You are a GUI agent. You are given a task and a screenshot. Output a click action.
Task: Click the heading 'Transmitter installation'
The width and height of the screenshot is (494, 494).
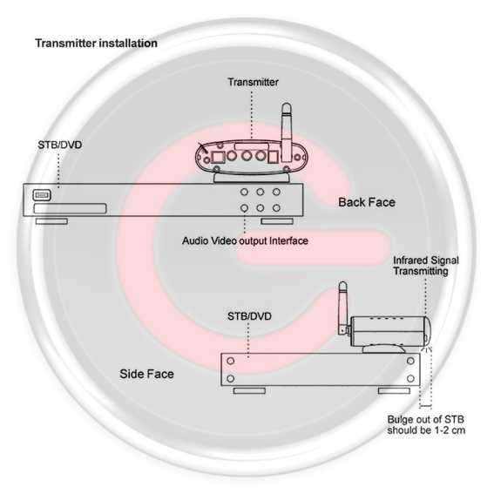[x=96, y=44]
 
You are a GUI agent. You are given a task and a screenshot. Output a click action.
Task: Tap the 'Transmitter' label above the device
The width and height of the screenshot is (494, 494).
[x=253, y=82]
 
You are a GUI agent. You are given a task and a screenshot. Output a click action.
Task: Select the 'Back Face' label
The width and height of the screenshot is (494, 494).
[x=367, y=202]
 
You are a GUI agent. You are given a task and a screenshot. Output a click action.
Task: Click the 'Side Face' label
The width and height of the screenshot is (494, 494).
[x=147, y=374]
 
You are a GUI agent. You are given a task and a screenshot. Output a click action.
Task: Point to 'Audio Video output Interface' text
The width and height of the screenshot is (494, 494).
[x=245, y=241]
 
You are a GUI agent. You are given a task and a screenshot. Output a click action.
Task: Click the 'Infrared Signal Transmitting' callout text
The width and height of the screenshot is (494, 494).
[x=426, y=266]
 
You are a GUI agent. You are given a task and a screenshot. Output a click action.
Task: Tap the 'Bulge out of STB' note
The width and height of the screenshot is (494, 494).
[x=426, y=424]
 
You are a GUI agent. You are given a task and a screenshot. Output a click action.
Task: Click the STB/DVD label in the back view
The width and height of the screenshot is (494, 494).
[x=60, y=145]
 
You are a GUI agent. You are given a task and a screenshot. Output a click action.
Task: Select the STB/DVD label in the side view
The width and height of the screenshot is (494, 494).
[x=249, y=316]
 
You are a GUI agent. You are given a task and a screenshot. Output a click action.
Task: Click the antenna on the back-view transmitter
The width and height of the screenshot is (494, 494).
[x=287, y=132]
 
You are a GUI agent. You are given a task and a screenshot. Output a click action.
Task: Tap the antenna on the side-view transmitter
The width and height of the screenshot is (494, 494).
[x=343, y=308]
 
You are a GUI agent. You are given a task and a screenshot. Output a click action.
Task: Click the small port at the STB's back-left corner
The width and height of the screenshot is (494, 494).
[x=42, y=195]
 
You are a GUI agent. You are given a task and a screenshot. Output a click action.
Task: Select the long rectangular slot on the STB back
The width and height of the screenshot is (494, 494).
[x=70, y=208]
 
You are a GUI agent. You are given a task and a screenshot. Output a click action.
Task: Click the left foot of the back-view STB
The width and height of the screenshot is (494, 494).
[x=51, y=221]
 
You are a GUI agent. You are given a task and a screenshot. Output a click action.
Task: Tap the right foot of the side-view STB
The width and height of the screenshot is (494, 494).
[x=394, y=390]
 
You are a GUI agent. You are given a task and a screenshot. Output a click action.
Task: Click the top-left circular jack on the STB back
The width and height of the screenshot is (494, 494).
[x=244, y=192]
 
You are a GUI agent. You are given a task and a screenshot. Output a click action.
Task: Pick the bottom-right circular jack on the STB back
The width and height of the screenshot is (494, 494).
[x=276, y=208]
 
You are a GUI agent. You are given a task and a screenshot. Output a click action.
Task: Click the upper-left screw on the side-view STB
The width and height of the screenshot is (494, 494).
[x=231, y=361]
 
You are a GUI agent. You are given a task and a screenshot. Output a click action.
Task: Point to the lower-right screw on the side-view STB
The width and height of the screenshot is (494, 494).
[x=410, y=378]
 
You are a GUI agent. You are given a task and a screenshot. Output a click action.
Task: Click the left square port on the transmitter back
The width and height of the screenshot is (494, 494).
[x=218, y=157]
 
